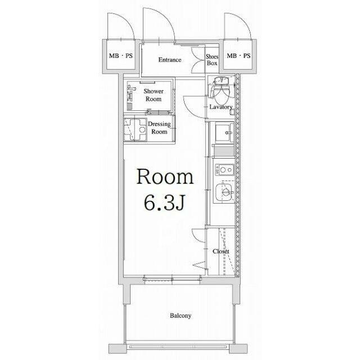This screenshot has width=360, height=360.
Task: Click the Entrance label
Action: [x=170, y=60]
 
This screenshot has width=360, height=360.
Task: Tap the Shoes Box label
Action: [x=212, y=60]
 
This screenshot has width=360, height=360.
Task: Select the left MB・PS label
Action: [x=121, y=56]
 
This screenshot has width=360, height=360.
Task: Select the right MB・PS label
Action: [x=238, y=56]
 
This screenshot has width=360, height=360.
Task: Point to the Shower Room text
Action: [x=154, y=95]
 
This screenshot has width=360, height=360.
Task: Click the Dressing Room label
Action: [x=159, y=128]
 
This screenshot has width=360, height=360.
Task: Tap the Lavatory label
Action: [x=221, y=107]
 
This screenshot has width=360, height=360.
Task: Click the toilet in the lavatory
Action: [x=221, y=91]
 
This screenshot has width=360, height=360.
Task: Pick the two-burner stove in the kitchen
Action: [x=224, y=170]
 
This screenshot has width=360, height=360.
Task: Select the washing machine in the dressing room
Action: [x=135, y=129]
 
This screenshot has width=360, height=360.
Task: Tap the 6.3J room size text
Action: [x=164, y=203]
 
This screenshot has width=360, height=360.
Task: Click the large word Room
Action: [x=165, y=177]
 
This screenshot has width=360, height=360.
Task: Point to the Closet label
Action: [x=221, y=251]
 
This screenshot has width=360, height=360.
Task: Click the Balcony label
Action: [x=181, y=316]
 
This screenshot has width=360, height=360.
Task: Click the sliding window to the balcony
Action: [x=172, y=279]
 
